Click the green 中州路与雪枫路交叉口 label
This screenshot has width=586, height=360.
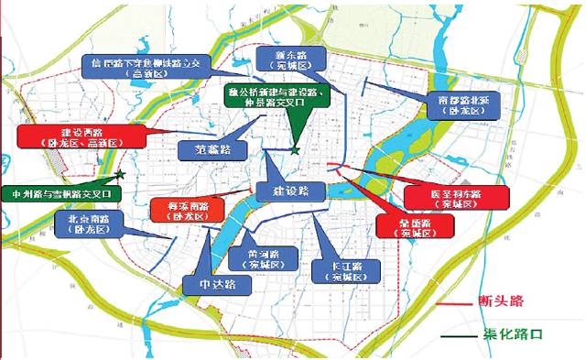pos(56,194)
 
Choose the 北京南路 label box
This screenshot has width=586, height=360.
pos(89,225)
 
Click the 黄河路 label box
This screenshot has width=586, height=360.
pos(266,257)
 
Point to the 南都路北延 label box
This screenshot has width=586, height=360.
pos(461,105)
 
